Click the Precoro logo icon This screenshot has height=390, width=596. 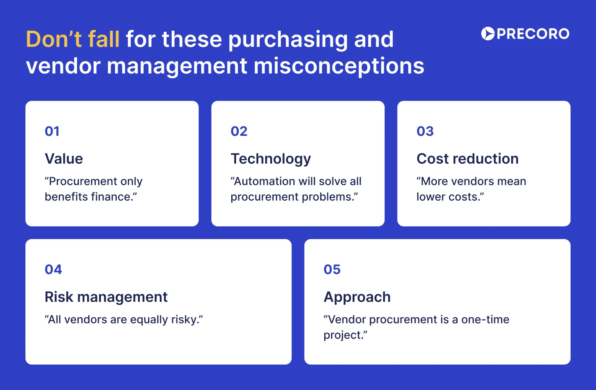pyautogui.click(x=488, y=34)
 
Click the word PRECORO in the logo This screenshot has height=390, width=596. pyautogui.click(x=533, y=34)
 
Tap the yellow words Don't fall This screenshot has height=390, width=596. pyautogui.click(x=73, y=39)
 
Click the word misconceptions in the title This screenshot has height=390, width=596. pyautogui.click(x=339, y=66)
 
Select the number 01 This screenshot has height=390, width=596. pyautogui.click(x=52, y=131)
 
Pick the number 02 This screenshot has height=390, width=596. pyautogui.click(x=239, y=131)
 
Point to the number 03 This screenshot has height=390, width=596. pyautogui.click(x=425, y=131)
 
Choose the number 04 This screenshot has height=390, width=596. pyautogui.click(x=53, y=270)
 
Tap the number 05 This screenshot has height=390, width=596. pyautogui.click(x=332, y=270)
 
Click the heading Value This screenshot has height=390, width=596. pyautogui.click(x=64, y=159)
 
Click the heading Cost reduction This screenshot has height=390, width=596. pyautogui.click(x=467, y=159)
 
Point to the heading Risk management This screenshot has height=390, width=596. pyautogui.click(x=106, y=297)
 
